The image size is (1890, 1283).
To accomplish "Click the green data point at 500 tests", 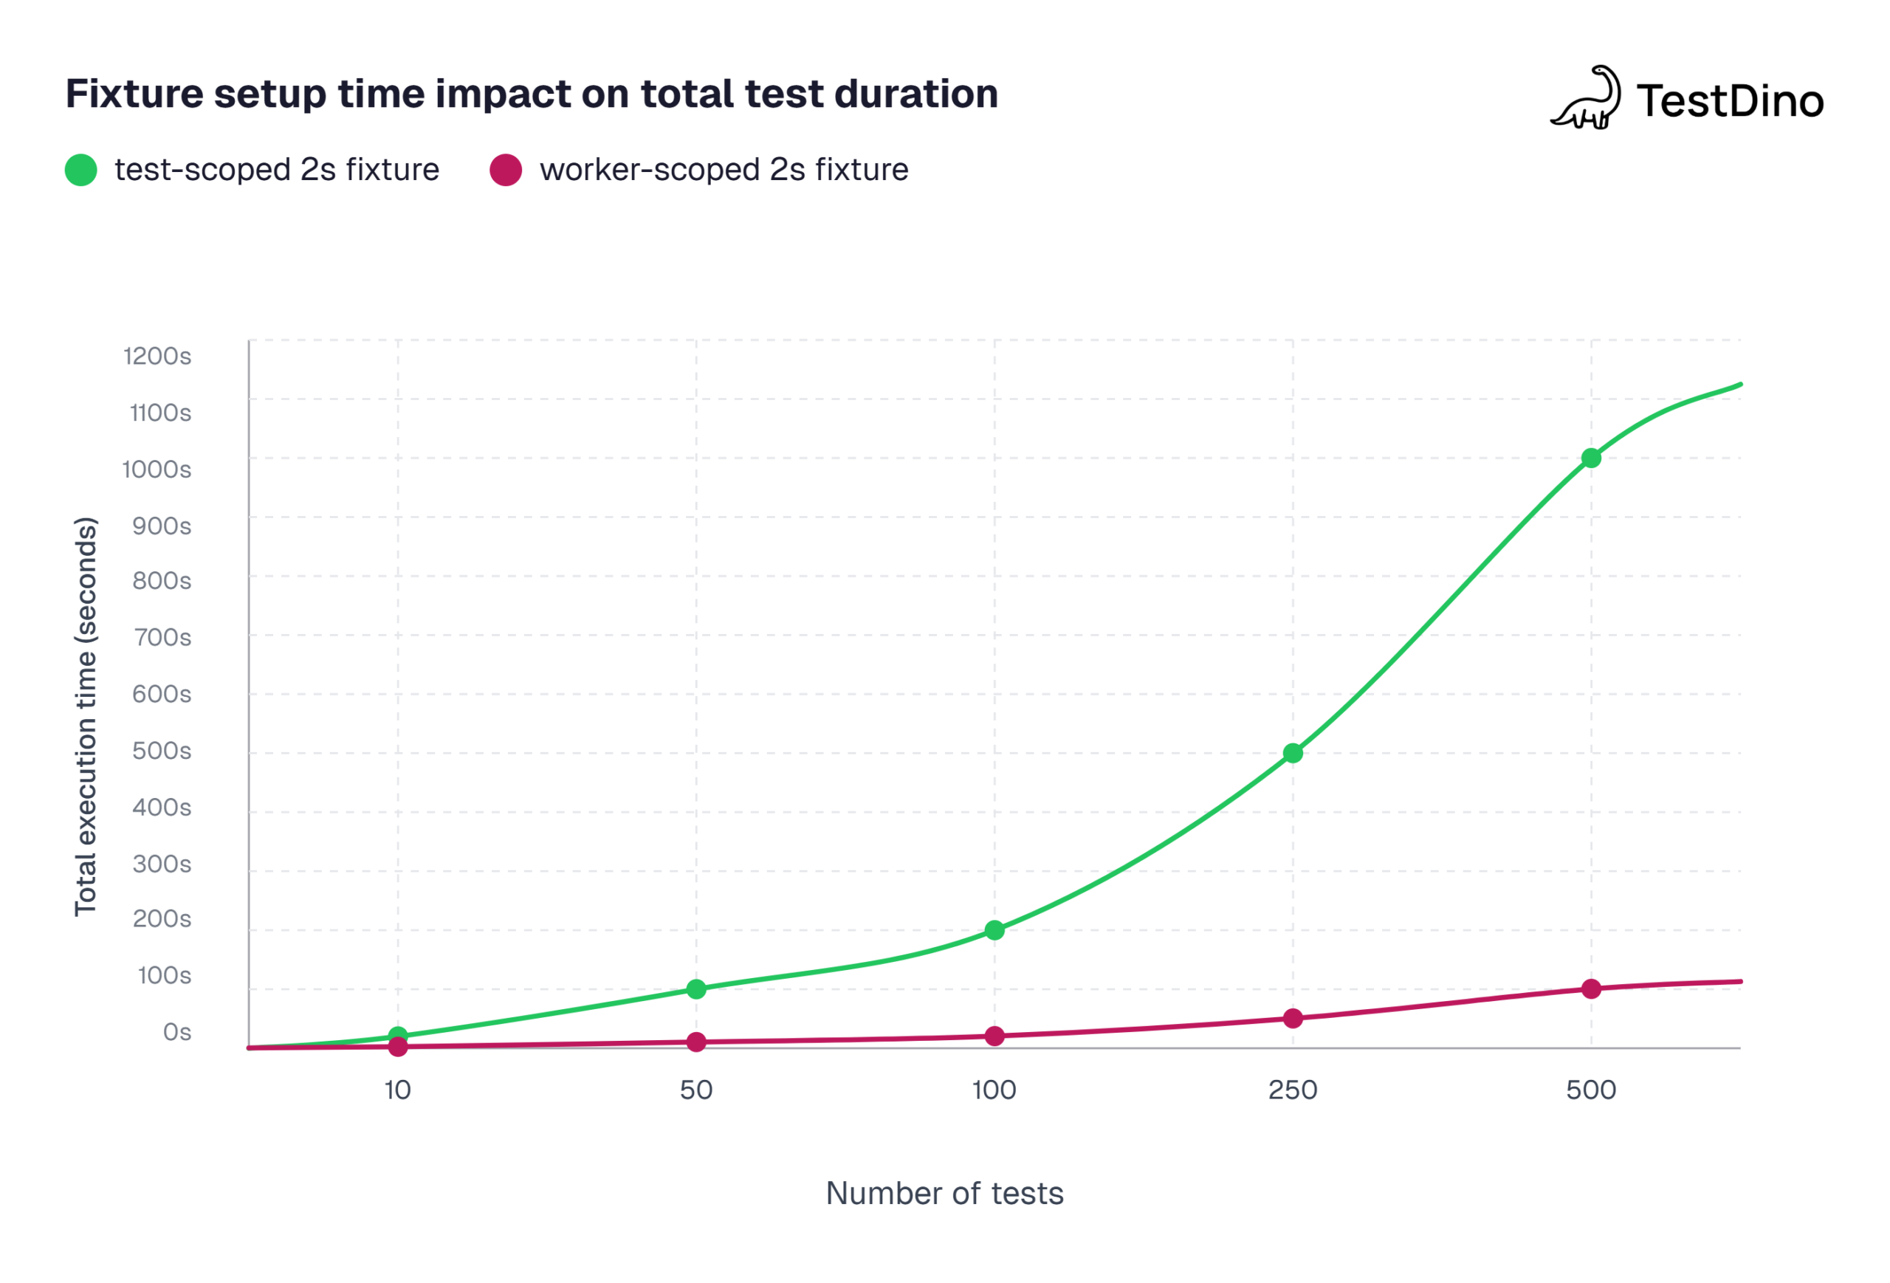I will (1591, 458).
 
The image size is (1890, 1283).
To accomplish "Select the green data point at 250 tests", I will (1292, 754).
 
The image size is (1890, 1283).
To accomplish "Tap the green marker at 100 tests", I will (994, 930).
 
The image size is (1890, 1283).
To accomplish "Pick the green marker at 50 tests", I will (696, 989).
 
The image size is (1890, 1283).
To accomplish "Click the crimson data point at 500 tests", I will (1591, 988).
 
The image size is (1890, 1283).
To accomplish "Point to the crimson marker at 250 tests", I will (1292, 1019).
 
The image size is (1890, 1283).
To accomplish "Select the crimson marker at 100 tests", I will (994, 1036).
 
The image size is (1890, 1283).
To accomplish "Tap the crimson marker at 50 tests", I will (696, 1042).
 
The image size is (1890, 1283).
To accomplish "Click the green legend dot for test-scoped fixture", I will (81, 170).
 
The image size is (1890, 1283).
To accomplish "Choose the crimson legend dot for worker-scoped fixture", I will (505, 170).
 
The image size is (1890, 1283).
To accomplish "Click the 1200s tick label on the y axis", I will (158, 356).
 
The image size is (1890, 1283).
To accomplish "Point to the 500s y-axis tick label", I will (162, 751).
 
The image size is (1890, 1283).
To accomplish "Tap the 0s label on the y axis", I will (177, 1032).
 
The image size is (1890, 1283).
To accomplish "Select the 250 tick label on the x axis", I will (1292, 1090).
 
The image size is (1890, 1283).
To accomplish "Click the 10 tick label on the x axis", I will (398, 1090).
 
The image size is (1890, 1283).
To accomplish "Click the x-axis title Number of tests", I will (944, 1194).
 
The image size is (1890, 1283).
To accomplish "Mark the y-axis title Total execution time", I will (86, 716).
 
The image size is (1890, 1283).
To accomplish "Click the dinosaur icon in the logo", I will (1586, 98).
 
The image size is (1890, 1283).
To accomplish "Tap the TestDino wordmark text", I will (1730, 102).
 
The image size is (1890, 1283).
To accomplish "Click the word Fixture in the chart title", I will (134, 94).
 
